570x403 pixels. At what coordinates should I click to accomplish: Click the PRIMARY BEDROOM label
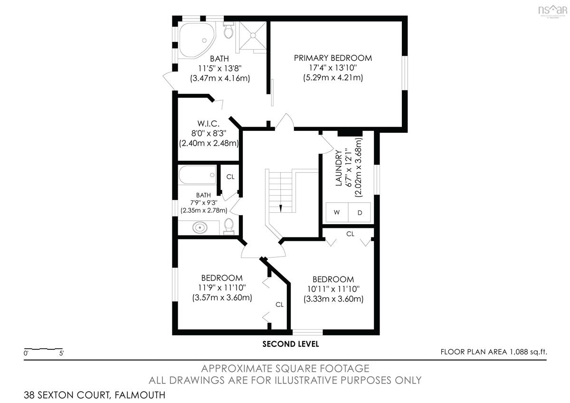pyautogui.click(x=333, y=58)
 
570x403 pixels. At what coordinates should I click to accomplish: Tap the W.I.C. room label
pyautogui.click(x=209, y=124)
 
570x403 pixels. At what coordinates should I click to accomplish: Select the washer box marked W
pyautogui.click(x=337, y=212)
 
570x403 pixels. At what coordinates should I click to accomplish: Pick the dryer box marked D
pyautogui.click(x=359, y=212)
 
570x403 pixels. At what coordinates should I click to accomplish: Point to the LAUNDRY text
pyautogui.click(x=338, y=168)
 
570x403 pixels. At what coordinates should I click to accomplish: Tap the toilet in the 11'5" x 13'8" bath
pyautogui.click(x=228, y=30)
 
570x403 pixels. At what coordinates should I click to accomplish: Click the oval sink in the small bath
pyautogui.click(x=200, y=227)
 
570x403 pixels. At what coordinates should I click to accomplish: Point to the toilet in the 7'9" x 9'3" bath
pyautogui.click(x=229, y=226)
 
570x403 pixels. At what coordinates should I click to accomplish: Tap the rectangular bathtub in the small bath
pyautogui.click(x=197, y=175)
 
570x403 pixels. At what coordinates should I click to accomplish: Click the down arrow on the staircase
pyautogui.click(x=281, y=208)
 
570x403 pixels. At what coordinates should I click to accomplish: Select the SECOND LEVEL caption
pyautogui.click(x=291, y=344)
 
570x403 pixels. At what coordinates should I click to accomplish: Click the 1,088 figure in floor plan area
pyautogui.click(x=519, y=352)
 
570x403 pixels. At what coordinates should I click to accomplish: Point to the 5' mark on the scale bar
pyautogui.click(x=61, y=354)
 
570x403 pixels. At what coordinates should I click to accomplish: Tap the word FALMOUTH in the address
pyautogui.click(x=140, y=395)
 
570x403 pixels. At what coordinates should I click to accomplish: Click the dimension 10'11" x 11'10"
pyautogui.click(x=333, y=289)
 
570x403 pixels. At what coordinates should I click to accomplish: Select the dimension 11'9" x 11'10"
pyautogui.click(x=222, y=287)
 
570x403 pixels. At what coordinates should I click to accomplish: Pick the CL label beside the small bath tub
pyautogui.click(x=230, y=177)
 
